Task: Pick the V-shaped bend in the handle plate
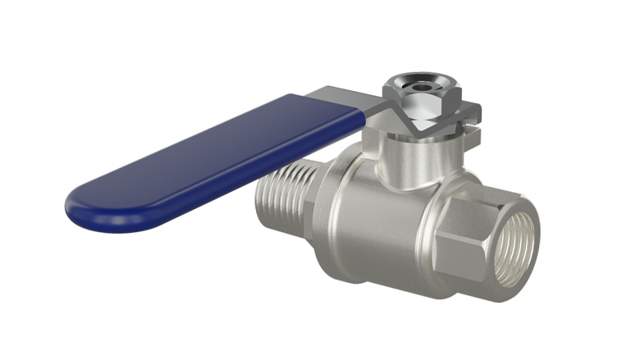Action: (x=414, y=124)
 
